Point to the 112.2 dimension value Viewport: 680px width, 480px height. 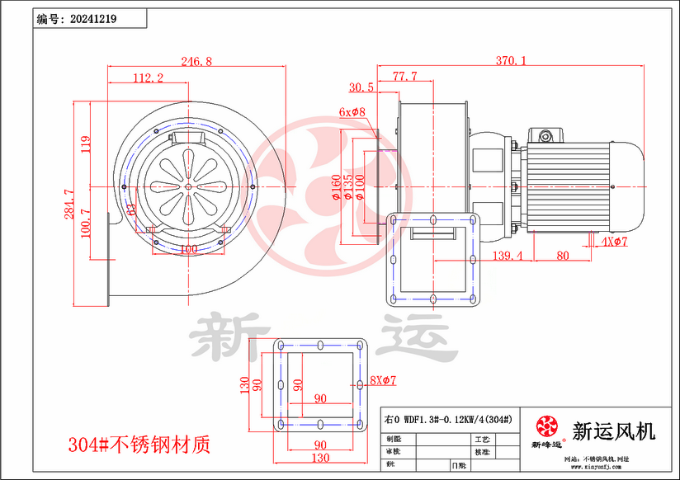click(x=148, y=78)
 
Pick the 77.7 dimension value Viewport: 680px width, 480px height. click(x=404, y=77)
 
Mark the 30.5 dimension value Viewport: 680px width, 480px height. click(x=361, y=87)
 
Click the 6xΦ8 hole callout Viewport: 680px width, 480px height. click(x=352, y=111)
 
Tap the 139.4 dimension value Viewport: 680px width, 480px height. click(x=508, y=256)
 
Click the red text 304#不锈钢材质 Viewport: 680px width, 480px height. click(x=140, y=445)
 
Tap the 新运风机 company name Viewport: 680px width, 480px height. click(x=613, y=430)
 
